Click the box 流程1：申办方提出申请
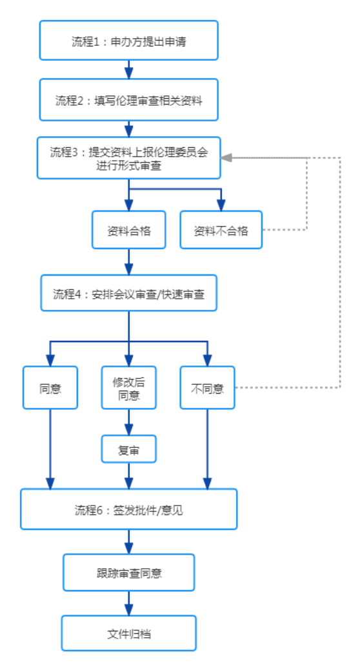(x=129, y=40)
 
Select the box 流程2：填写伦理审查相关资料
(x=129, y=99)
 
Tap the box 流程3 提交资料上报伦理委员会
(x=128, y=158)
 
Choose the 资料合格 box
(x=128, y=230)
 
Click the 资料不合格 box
(x=221, y=230)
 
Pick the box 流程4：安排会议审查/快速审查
(x=129, y=292)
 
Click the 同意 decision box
(x=50, y=387)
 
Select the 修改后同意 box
(x=129, y=387)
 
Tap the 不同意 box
(x=208, y=387)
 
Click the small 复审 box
(x=129, y=449)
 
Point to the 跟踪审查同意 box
(x=129, y=573)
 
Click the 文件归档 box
(x=129, y=633)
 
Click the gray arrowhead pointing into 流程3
(x=226, y=158)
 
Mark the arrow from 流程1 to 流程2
(x=129, y=70)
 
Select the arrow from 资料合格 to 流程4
(x=129, y=262)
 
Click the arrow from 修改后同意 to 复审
(x=129, y=422)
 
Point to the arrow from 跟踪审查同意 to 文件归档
(x=129, y=604)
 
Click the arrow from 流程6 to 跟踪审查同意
(x=129, y=542)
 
